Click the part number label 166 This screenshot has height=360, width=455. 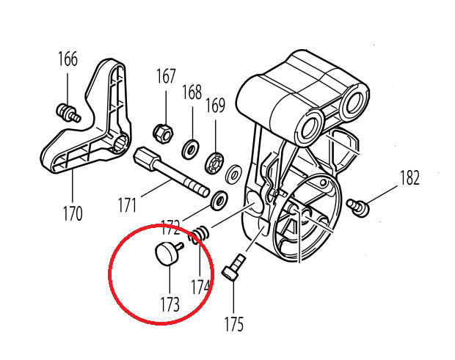[68, 59]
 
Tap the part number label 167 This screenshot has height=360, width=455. [166, 76]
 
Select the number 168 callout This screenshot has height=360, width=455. [192, 92]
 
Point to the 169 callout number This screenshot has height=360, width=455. [215, 106]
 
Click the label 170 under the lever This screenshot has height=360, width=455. [71, 214]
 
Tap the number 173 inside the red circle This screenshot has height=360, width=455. [170, 304]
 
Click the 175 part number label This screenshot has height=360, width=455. [233, 323]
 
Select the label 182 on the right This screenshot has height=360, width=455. [409, 177]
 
